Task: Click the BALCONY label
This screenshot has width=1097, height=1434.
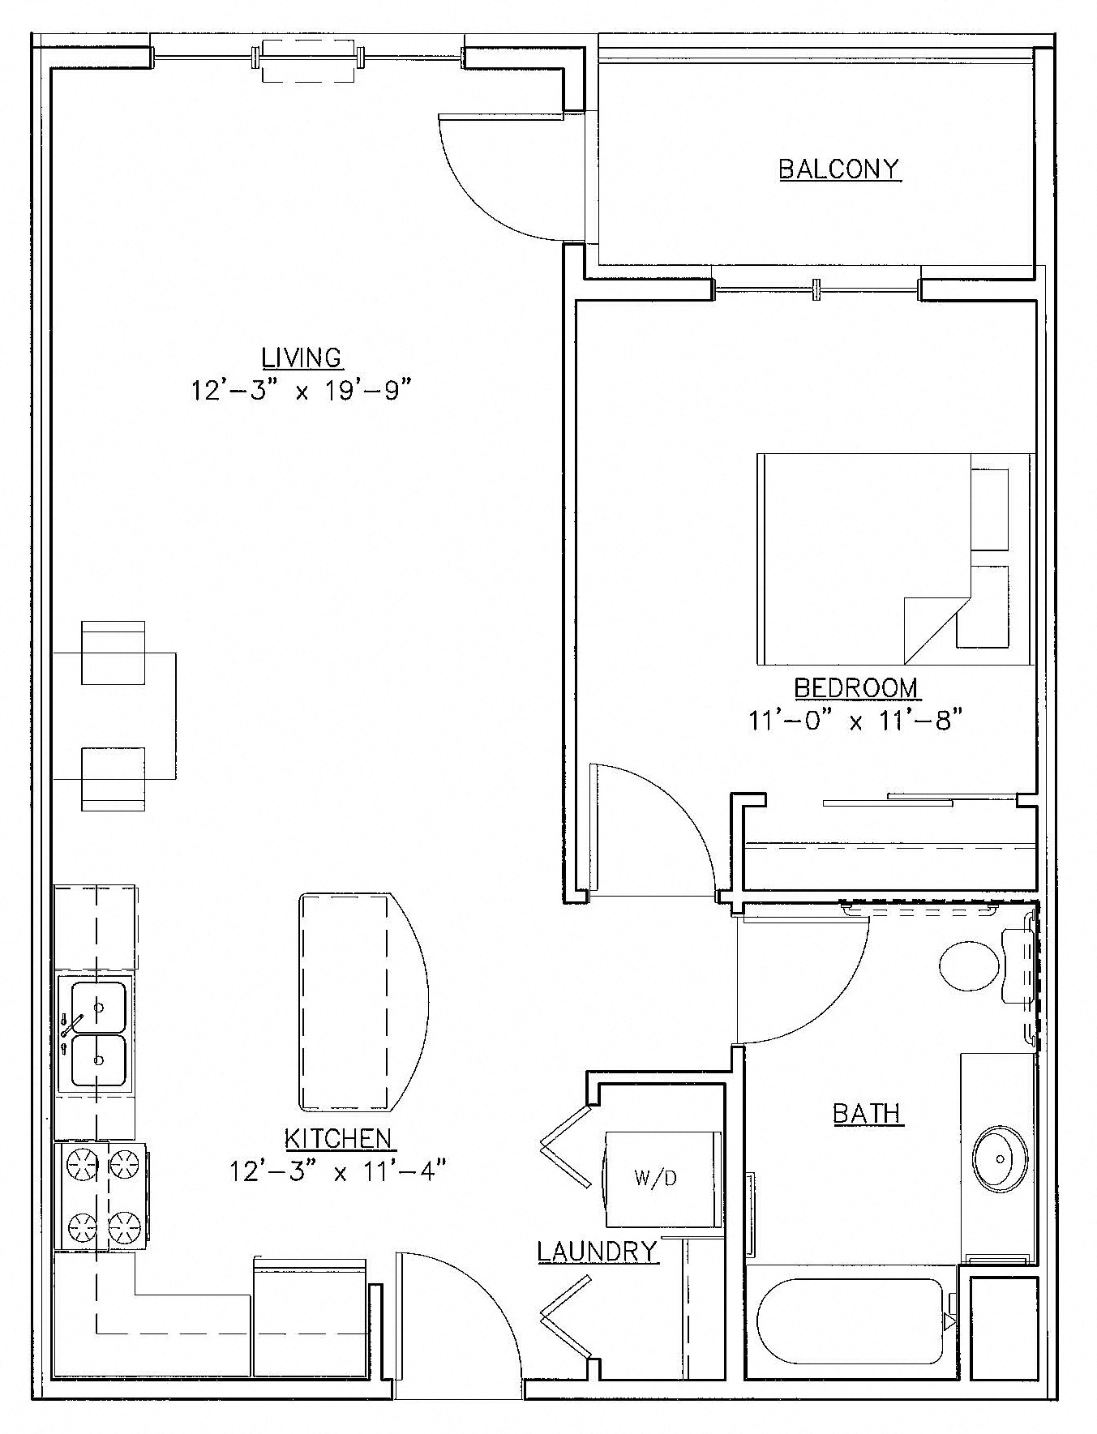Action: (839, 169)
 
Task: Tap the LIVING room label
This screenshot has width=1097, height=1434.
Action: (302, 357)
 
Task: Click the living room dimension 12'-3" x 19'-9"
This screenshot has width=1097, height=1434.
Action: (302, 392)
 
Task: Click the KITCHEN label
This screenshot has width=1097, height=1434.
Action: (338, 1138)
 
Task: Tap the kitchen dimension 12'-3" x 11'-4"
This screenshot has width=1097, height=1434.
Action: (338, 1172)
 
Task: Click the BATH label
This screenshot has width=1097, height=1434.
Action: (868, 1114)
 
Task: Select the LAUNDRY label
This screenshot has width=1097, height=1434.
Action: (597, 1252)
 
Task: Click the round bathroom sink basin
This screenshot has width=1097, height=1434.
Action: (999, 1158)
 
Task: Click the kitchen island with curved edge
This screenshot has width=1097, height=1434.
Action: (357, 1002)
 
